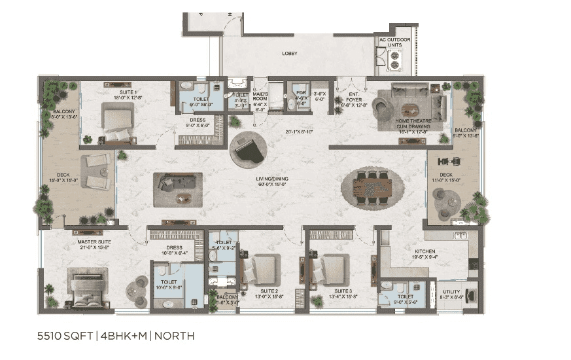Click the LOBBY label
pos(290,53)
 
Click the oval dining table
pos(370,187)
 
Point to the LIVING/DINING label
pos(272,179)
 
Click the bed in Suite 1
pos(118,124)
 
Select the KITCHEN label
pos(425,251)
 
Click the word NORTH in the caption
pos(174,336)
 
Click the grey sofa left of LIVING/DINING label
pos(177,183)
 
